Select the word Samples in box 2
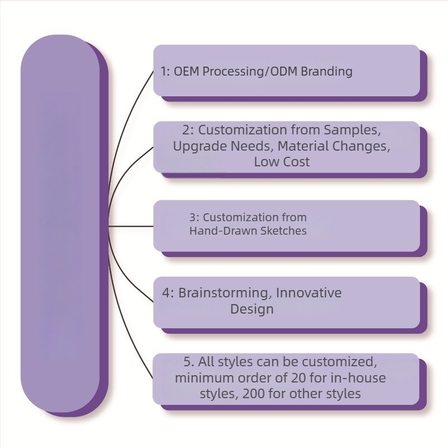[x=351, y=130]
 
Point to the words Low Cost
[x=282, y=162]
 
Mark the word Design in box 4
[x=251, y=309]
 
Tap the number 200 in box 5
[x=254, y=394]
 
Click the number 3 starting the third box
[x=192, y=217]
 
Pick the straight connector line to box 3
[x=131, y=226]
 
